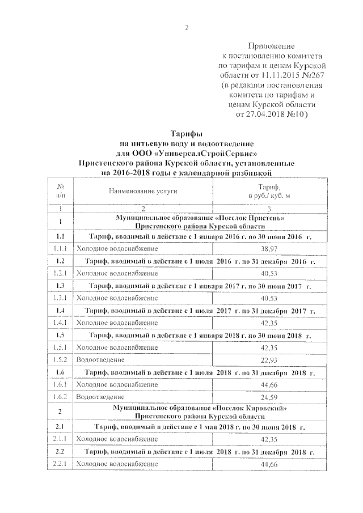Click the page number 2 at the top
(x=187, y=29)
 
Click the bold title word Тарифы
(x=187, y=134)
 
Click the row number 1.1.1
(x=60, y=249)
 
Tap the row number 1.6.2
(x=60, y=397)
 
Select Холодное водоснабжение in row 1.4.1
(x=117, y=323)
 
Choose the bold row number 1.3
(x=60, y=286)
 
